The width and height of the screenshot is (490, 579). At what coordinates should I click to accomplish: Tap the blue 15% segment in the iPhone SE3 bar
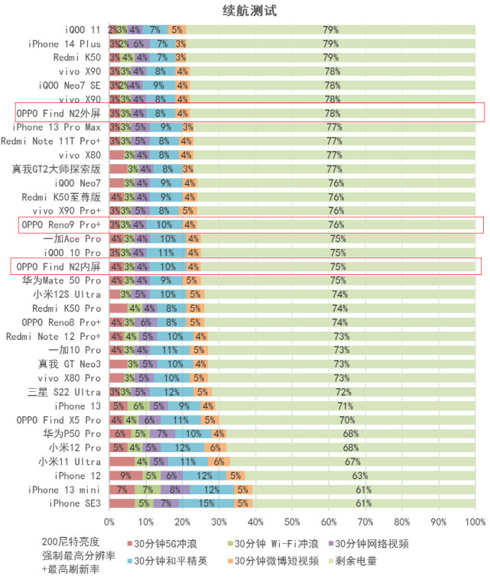[206, 503]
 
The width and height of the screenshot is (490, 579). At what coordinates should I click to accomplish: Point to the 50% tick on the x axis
[292, 522]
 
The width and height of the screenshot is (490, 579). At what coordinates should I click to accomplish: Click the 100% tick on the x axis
[475, 522]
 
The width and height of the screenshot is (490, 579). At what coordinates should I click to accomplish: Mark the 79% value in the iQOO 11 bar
[330, 30]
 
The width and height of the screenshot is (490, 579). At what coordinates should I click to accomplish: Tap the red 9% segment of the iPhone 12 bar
[125, 476]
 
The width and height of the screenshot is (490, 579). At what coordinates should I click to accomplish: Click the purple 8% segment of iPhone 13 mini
[175, 490]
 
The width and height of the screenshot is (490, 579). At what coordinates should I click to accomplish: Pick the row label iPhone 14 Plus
[64, 44]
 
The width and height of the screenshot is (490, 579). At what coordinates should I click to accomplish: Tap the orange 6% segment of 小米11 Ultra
[219, 461]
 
